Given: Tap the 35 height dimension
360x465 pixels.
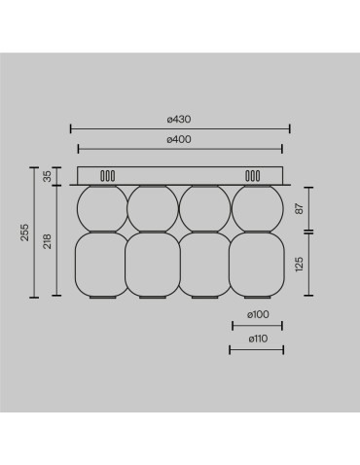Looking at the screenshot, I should click(x=47, y=176).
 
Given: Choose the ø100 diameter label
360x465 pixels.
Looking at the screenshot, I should click(x=257, y=315).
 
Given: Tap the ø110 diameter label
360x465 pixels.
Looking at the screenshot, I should click(x=257, y=339).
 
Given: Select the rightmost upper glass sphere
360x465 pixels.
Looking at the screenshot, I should click(x=257, y=206).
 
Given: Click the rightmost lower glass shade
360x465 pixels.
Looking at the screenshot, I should click(x=257, y=264).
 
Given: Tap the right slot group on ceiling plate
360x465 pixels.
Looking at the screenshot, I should click(x=253, y=176).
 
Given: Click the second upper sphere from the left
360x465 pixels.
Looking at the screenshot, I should click(x=153, y=206).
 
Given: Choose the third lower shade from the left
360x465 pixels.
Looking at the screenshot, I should click(x=204, y=264).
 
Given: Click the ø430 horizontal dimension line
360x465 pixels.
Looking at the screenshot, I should click(x=180, y=127).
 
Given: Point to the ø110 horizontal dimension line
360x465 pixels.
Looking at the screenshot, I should click(x=257, y=348).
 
